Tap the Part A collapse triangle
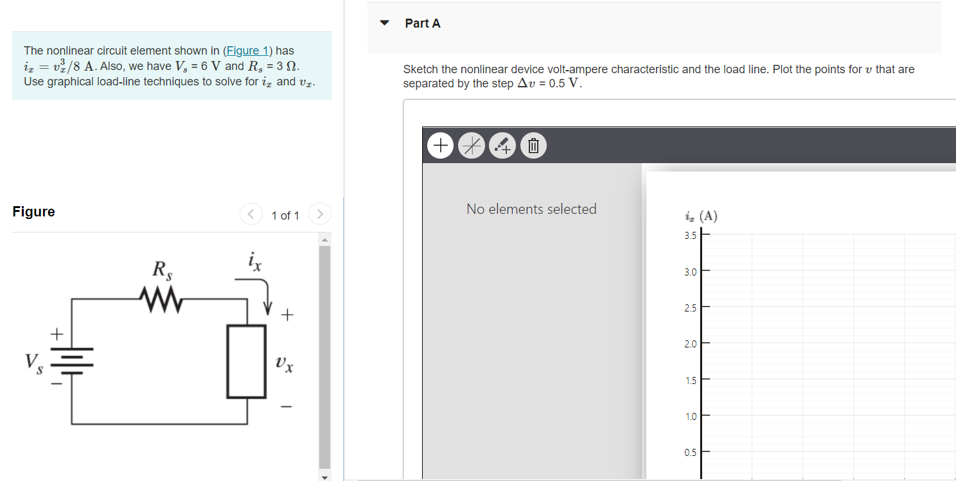coord(384,23)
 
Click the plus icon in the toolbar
coord(441,146)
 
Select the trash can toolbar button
coord(533,146)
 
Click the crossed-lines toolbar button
coord(472,146)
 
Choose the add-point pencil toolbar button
coord(502,146)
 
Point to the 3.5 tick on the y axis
coord(690,236)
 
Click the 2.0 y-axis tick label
coord(690,344)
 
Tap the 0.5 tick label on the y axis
coord(690,453)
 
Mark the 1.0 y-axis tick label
coord(690,417)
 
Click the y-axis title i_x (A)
coord(701,216)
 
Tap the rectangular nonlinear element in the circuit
coord(247,362)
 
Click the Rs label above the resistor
coord(161,270)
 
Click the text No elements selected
coord(531,209)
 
